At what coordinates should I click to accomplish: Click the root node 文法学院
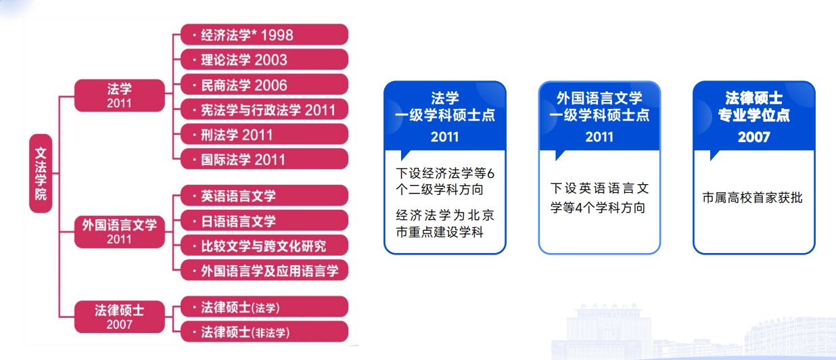(41, 173)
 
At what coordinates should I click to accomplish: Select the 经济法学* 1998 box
(264, 35)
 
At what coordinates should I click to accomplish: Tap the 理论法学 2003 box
(264, 60)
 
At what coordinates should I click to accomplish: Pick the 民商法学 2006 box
(264, 85)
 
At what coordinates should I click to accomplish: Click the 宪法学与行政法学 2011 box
(264, 110)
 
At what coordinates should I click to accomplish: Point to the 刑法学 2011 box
(264, 135)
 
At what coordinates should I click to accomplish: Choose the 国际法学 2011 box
(264, 159)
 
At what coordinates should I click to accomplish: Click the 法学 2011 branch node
(120, 95)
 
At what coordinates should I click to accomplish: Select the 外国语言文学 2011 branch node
(120, 231)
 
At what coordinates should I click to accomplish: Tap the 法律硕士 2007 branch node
(120, 317)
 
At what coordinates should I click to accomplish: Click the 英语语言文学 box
(264, 196)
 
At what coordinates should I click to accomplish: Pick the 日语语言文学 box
(264, 221)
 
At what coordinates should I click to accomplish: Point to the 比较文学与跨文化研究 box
(264, 246)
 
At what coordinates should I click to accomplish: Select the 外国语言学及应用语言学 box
(264, 270)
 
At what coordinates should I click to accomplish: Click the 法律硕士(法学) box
(264, 307)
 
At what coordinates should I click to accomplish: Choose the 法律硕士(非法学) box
(264, 332)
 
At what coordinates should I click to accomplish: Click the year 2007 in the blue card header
(754, 137)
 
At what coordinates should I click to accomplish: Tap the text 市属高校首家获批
(752, 198)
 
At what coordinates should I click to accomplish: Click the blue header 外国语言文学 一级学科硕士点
(599, 107)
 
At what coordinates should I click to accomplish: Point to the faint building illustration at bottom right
(693, 332)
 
